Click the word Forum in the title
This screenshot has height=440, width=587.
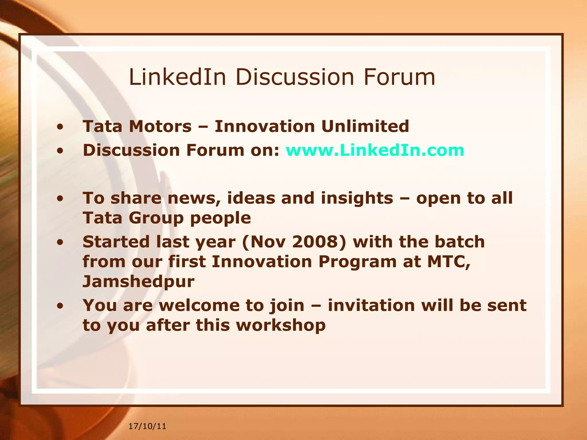coord(399,77)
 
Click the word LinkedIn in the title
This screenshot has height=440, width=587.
coord(177,77)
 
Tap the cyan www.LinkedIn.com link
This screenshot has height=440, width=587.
coord(375,150)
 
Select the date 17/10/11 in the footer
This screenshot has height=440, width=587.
coord(147,426)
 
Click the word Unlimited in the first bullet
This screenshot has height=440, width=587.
coord(365,126)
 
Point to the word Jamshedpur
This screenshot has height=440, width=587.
coord(138,282)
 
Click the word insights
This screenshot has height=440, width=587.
coord(357,198)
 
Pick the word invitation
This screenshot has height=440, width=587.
coord(371,305)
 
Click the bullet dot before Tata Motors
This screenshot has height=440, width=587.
coord(60,127)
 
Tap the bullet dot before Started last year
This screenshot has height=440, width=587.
coord(60,243)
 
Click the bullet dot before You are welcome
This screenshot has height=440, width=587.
coord(60,306)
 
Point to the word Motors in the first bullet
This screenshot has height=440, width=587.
coord(160,126)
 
